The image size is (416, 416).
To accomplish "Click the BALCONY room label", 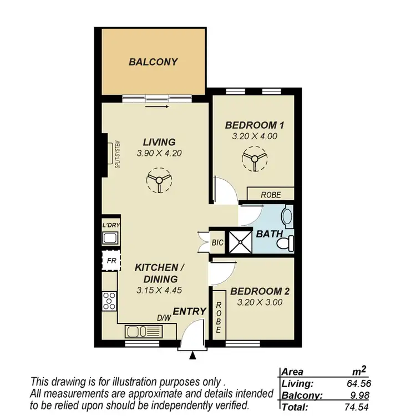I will coord(153,62).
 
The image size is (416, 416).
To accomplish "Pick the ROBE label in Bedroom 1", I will coord(270,195).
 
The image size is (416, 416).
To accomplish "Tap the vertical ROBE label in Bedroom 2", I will coord(219,317).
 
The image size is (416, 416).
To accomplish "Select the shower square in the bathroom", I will coord(241,241).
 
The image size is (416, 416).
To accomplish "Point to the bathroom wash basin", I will coord(287,216).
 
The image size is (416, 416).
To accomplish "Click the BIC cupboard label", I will coord(217,242).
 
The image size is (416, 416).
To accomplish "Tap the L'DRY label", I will coord(111,225).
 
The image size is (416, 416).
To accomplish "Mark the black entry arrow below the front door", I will coord(192,357).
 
